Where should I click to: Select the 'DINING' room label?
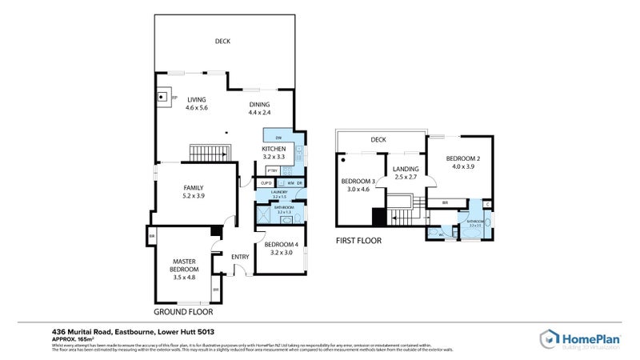coord(258,104)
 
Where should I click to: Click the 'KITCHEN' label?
coord(274,149)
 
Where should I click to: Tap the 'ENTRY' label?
coord(240,257)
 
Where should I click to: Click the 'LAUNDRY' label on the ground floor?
coord(279,193)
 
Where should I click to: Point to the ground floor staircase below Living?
coord(209,152)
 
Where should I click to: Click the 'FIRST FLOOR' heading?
coord(358,240)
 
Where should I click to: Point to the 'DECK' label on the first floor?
coord(378,140)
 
